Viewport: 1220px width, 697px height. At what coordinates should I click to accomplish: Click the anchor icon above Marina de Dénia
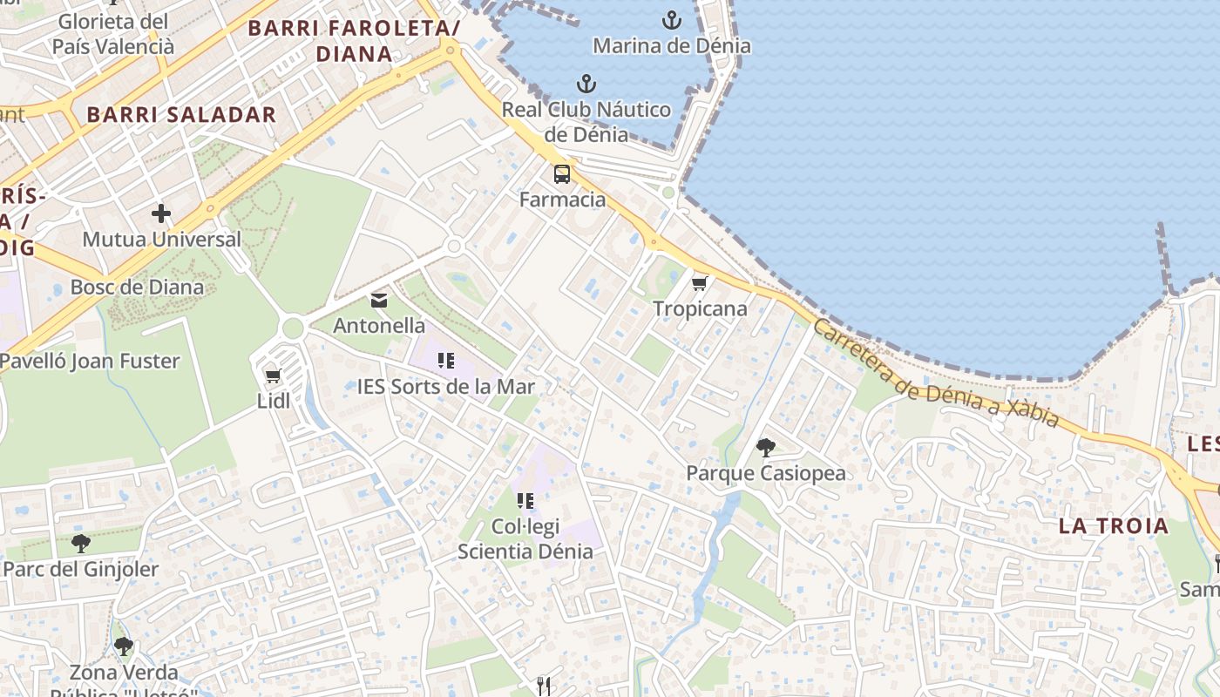point(672,19)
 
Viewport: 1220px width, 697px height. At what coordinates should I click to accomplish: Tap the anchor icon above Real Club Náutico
point(586,84)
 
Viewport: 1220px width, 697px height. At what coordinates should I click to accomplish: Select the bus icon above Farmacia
point(562,173)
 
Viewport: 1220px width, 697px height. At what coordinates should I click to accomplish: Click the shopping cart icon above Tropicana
point(700,283)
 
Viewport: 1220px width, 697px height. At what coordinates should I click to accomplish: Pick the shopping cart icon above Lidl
point(273,376)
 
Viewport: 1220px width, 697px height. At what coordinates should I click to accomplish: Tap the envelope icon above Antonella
point(379,301)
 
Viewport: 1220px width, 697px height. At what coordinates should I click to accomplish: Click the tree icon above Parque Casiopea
point(766,448)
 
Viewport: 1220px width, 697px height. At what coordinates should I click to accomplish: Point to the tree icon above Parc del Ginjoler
point(81,544)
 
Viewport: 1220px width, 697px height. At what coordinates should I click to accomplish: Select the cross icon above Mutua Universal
point(161,213)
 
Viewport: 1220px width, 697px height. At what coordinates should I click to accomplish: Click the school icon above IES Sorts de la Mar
point(446,360)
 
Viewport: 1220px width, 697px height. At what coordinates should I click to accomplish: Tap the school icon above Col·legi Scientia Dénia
point(525,500)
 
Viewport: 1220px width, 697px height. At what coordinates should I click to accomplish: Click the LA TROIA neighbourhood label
point(1114,525)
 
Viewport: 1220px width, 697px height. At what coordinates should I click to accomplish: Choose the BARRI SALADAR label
point(181,114)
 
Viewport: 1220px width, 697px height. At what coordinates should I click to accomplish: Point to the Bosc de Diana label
point(137,287)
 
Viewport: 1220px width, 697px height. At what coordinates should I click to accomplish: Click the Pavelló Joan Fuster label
point(90,361)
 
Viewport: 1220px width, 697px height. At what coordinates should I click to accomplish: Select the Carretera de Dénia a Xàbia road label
point(936,373)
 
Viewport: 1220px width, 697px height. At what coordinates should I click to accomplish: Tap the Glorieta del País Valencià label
point(113,34)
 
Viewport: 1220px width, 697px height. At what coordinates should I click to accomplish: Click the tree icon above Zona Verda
point(124,646)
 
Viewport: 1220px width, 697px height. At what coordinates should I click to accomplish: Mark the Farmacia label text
point(562,200)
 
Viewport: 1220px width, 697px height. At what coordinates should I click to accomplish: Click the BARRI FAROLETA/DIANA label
point(354,40)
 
